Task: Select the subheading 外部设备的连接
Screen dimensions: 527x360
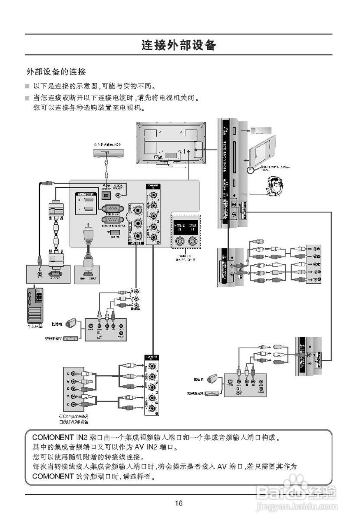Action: coord(56,72)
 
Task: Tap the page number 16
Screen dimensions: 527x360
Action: coord(179,503)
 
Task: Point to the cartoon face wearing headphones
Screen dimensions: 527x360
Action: coord(273,186)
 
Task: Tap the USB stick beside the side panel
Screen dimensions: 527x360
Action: coord(259,131)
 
